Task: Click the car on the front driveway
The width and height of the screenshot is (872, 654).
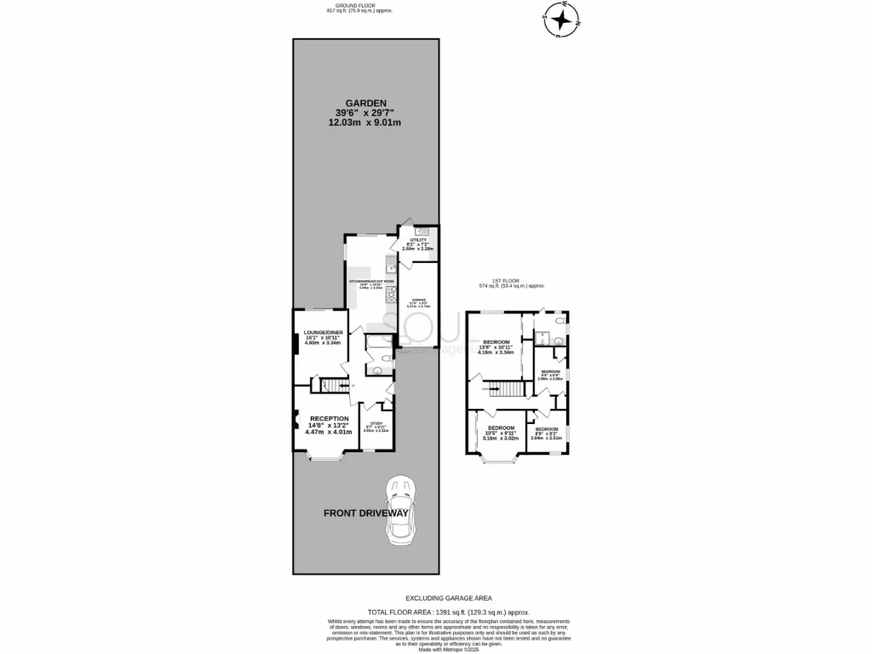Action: click(x=400, y=511)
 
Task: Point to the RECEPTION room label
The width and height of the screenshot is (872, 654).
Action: click(x=329, y=418)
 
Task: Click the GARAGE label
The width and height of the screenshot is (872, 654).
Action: click(x=419, y=300)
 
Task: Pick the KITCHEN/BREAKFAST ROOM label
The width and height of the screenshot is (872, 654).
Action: click(x=371, y=280)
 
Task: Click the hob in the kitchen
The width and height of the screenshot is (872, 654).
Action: click(x=392, y=295)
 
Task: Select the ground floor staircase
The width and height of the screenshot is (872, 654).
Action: click(x=334, y=386)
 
